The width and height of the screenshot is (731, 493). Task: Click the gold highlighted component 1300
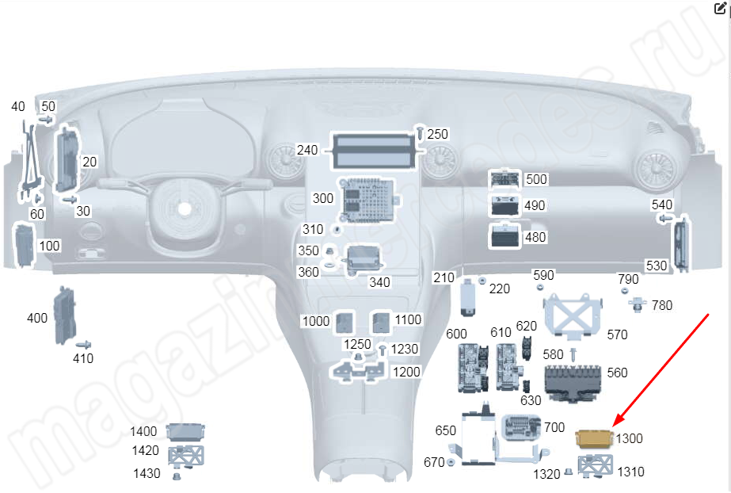[x=595, y=439]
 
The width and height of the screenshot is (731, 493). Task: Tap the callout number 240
[x=307, y=150]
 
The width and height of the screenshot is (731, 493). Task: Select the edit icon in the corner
[x=720, y=9]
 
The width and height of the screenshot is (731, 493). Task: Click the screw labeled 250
[x=420, y=133]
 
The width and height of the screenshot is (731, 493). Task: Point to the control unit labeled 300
[x=369, y=200]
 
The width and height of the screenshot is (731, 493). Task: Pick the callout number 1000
[x=316, y=321]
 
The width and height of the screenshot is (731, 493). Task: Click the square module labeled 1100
[x=381, y=323]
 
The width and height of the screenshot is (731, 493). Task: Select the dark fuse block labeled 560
[x=573, y=384]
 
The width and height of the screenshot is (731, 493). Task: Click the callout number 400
[x=37, y=319]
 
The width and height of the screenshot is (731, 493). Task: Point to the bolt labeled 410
[x=83, y=345]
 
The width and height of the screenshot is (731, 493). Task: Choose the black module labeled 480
[x=504, y=235]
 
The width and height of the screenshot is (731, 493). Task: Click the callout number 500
[x=536, y=180]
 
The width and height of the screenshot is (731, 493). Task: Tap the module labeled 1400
[x=185, y=432]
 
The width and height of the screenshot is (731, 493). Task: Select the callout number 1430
[x=147, y=474]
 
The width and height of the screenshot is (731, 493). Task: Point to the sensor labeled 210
[x=467, y=296]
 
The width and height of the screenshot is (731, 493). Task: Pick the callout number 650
[x=445, y=430]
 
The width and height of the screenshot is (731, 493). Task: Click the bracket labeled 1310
[x=596, y=465]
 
